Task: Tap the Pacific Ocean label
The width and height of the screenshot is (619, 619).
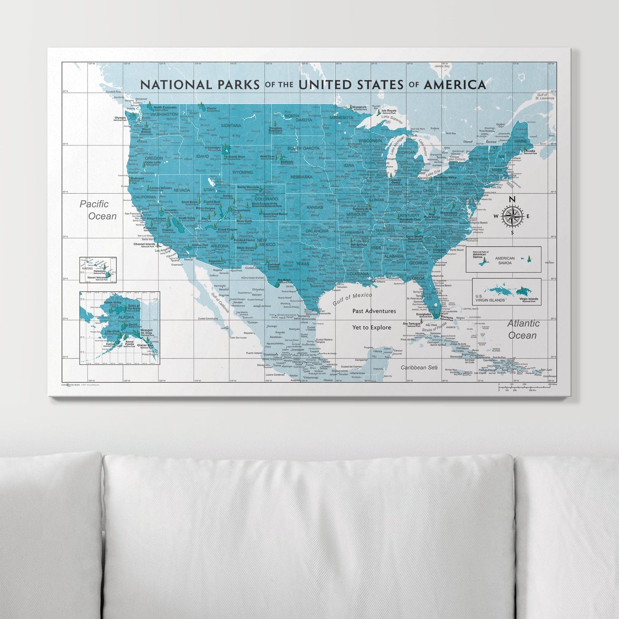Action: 98,210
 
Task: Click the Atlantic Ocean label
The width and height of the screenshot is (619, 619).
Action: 523,329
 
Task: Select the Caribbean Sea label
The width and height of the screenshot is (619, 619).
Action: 419,368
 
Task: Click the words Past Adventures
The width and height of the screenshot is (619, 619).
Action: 374,311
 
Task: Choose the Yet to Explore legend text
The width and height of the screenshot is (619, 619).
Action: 371,327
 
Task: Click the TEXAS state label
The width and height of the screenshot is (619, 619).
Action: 302,264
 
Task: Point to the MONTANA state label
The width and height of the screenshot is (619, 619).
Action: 231,126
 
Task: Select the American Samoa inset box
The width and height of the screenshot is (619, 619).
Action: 503,259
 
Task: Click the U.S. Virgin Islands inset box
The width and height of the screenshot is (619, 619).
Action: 506,292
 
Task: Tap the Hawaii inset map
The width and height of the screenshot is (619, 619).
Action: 98,270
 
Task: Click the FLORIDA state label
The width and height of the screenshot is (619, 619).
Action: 416,278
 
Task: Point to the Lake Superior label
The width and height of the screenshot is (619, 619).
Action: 391,117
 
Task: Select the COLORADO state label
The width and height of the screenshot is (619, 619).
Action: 266,199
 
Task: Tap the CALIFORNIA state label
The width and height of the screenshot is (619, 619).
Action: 144,197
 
